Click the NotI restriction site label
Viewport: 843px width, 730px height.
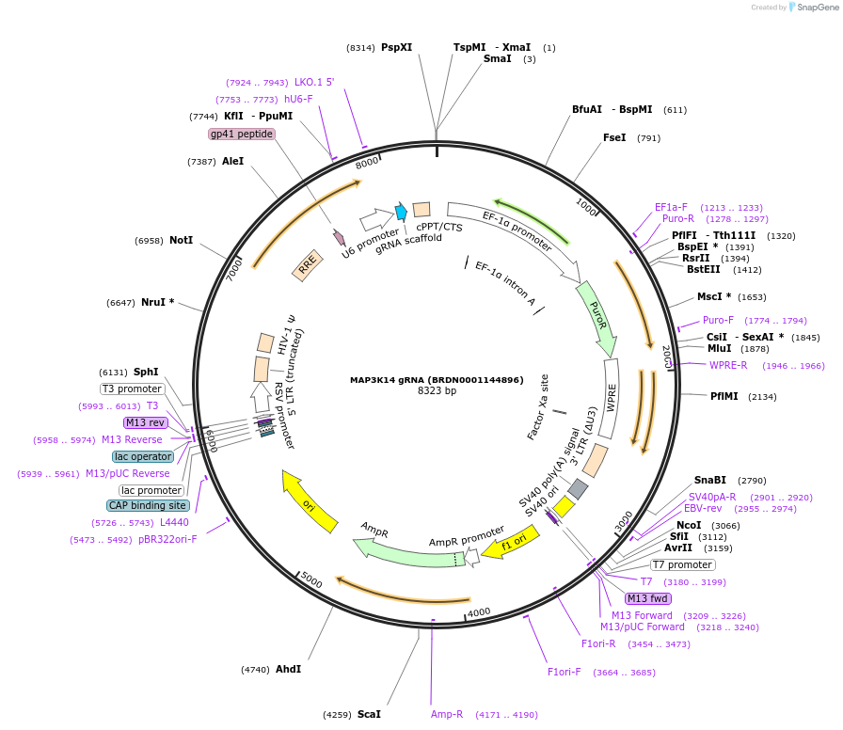click(x=181, y=241)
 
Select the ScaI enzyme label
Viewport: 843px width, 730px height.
click(x=369, y=715)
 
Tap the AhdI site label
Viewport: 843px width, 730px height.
click(x=288, y=670)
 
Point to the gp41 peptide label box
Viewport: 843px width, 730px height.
click(x=242, y=135)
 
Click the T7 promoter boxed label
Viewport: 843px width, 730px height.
click(x=683, y=565)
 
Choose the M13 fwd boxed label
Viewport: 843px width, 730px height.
click(x=647, y=598)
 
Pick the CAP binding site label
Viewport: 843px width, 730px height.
click(x=148, y=506)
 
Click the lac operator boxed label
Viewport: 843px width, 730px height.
click(x=143, y=457)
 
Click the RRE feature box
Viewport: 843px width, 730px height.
click(x=307, y=268)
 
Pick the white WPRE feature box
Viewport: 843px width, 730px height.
click(x=611, y=399)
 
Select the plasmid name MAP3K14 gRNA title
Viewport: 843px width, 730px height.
click(x=436, y=380)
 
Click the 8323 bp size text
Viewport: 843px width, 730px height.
click(x=437, y=391)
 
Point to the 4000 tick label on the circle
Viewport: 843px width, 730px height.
click(x=479, y=612)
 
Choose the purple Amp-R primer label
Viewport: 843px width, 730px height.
click(x=447, y=715)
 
